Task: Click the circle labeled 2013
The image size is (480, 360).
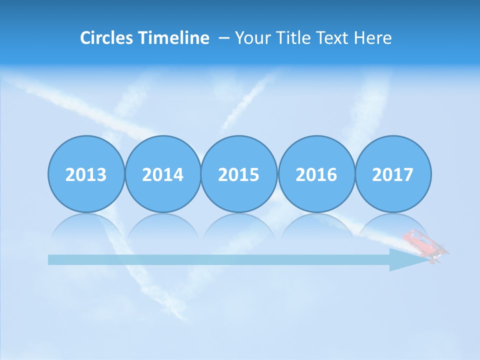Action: point(86,174)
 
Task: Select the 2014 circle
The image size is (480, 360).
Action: point(163,174)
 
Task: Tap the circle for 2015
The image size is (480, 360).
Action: point(239,174)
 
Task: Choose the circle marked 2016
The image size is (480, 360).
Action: point(316,174)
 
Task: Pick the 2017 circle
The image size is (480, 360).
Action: point(393,174)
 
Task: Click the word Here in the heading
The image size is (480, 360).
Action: point(373,37)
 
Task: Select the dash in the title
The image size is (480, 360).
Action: point(223,38)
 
